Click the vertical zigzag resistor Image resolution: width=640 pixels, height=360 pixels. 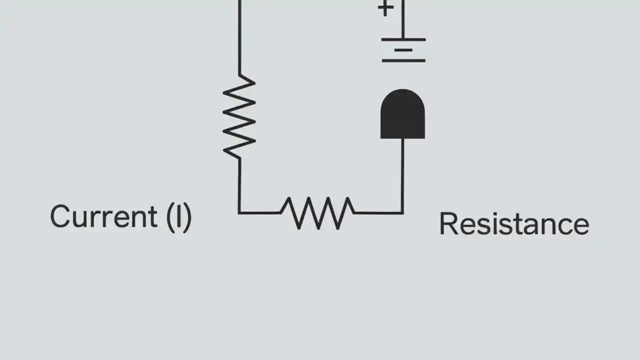point(239,116)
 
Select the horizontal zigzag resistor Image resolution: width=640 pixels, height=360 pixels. point(317,212)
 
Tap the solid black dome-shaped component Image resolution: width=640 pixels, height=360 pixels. point(402,114)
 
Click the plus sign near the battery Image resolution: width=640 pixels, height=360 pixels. point(385,8)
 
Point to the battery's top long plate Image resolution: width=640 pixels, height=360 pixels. point(403,39)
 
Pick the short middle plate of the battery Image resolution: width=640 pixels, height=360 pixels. point(403,50)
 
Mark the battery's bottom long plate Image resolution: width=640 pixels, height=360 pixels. point(403,60)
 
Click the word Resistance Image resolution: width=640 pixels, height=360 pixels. point(513,224)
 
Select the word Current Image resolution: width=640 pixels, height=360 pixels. point(103,217)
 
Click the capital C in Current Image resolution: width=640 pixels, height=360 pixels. point(60,217)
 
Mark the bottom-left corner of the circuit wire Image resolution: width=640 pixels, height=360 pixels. point(239,213)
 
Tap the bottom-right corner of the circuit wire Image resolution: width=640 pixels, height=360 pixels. point(402,213)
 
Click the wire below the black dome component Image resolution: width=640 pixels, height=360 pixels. point(402,175)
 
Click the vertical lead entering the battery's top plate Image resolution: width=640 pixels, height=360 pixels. point(403,20)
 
